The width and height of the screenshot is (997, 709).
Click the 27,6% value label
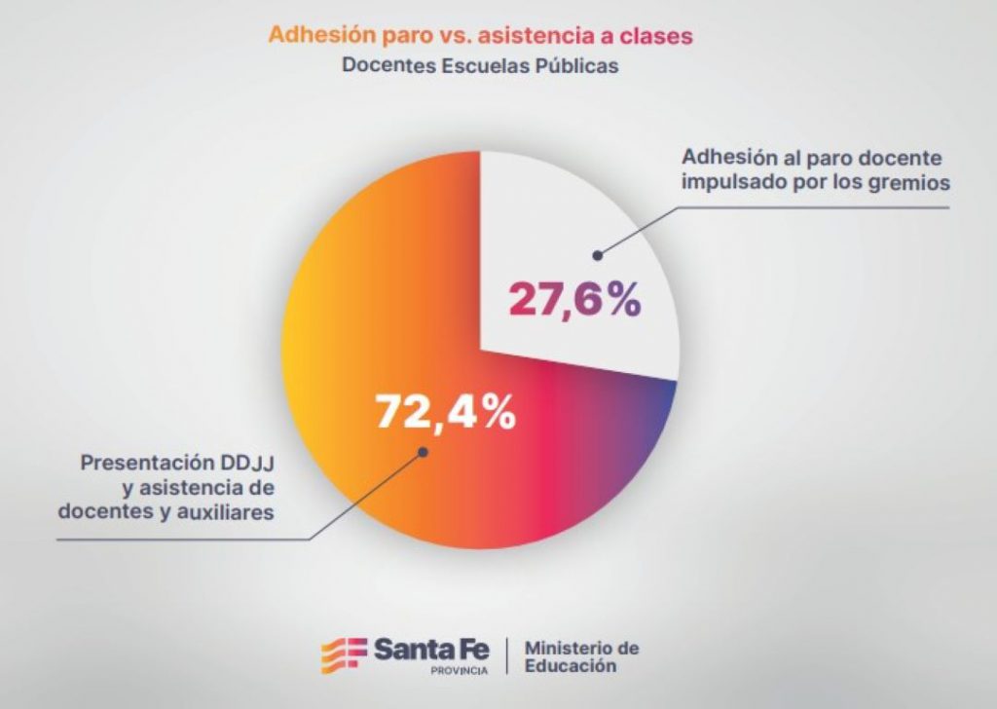pyautogui.click(x=573, y=299)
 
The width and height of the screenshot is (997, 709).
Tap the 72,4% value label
pyautogui.click(x=445, y=413)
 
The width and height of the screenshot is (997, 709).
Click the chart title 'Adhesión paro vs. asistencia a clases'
pyautogui.click(x=480, y=36)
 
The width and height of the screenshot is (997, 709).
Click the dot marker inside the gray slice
pyautogui.click(x=598, y=255)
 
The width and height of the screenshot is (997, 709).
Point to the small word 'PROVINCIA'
pyautogui.click(x=458, y=672)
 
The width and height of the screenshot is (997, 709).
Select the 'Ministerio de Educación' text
pyautogui.click(x=581, y=657)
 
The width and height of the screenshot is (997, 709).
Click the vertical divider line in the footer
pyautogui.click(x=507, y=655)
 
